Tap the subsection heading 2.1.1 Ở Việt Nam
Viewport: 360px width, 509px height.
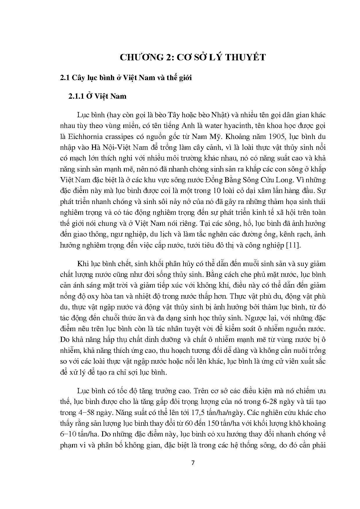pos(97,96)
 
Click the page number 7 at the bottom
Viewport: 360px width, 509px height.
pos(193,463)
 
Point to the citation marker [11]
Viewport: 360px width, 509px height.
pos(294,245)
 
